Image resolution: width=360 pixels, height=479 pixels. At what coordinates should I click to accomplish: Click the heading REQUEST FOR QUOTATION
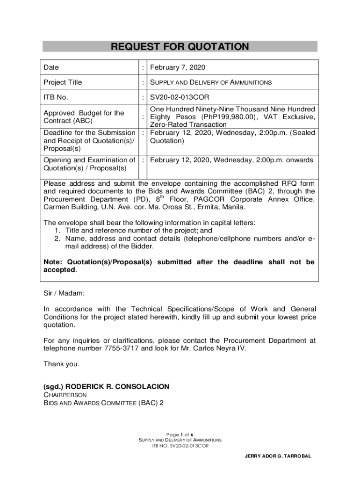180,47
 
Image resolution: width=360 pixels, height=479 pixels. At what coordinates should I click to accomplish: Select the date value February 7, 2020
178,67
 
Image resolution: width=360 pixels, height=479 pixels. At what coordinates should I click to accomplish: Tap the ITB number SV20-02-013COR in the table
180,97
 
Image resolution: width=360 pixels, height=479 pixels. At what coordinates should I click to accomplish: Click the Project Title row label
63,82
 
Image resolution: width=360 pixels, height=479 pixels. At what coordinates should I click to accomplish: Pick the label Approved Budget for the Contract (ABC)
84,117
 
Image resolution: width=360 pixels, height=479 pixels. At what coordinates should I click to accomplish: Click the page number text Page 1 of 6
180,434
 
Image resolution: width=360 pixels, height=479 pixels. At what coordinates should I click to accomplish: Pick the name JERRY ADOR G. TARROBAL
278,456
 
